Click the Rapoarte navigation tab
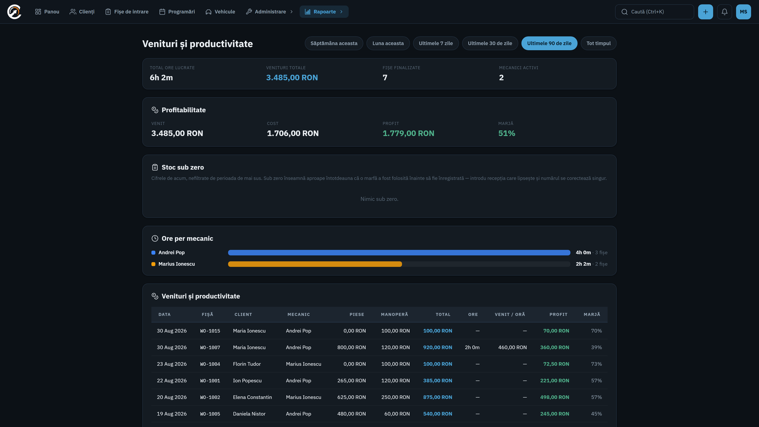pos(324,11)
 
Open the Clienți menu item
pos(82,11)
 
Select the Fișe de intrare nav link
pos(127,11)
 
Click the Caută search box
pos(654,12)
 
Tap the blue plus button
pos(705,12)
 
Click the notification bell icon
pos(724,12)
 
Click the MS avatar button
pos(743,12)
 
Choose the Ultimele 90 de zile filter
pos(549,43)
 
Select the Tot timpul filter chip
pos(598,43)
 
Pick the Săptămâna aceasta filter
pos(334,43)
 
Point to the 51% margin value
pos(507,133)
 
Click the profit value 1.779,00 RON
pos(408,133)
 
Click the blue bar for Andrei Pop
pos(399,252)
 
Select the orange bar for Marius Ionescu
pos(315,264)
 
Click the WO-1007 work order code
pos(210,347)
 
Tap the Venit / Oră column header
pos(509,315)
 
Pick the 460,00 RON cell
pos(512,347)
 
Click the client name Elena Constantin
pos(252,397)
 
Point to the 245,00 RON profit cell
pos(555,414)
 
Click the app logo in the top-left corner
pos(14,12)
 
